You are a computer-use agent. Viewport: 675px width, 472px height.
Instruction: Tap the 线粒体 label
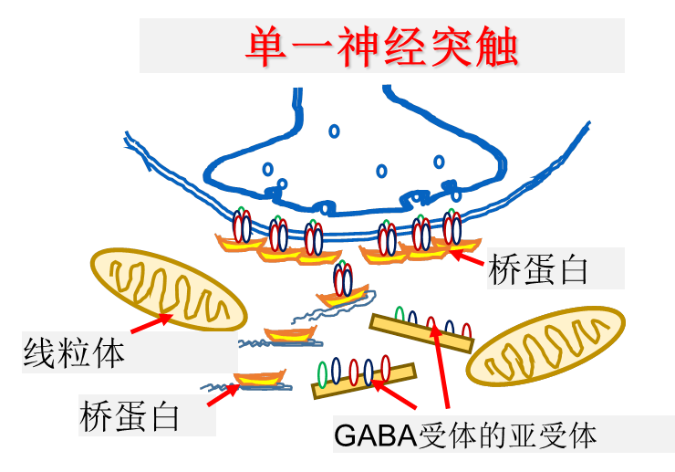[73, 352]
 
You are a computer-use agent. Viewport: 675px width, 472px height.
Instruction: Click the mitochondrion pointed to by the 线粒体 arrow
[169, 289]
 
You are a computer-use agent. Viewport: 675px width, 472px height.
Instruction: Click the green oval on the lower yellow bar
[321, 374]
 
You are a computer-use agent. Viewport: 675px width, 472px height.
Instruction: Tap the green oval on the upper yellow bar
[399, 315]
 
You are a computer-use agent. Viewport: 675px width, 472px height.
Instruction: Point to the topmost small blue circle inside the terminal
[334, 131]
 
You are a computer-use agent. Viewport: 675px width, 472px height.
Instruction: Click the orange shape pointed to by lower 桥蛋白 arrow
[258, 377]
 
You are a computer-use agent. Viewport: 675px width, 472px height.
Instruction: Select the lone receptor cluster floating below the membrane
[343, 283]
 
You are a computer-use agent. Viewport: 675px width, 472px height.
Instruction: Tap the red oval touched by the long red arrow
[431, 324]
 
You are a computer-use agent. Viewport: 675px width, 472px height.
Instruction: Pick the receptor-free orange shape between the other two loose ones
[289, 333]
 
